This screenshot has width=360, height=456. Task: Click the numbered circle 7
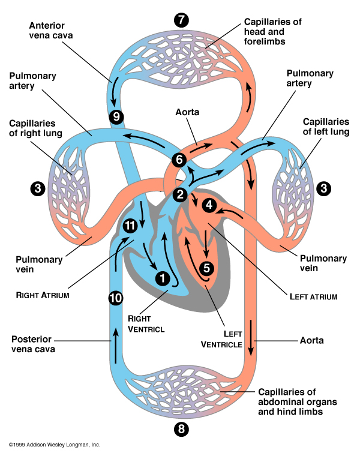coord(181,19)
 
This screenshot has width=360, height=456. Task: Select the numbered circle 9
coord(116,116)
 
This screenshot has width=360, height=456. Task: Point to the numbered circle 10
coord(116,297)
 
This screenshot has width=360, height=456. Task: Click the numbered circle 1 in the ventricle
coord(162,278)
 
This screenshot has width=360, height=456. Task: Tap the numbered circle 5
coord(206,268)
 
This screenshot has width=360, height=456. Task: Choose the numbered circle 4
coord(209,205)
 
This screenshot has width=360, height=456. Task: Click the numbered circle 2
coord(179,194)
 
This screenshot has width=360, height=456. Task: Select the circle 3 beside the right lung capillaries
coord(38,188)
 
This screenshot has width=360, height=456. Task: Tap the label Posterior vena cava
coord(36,343)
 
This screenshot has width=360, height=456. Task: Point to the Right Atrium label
coord(42,295)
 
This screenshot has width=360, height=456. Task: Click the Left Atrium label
coord(313,296)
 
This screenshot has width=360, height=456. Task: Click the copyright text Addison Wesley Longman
coord(54,445)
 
